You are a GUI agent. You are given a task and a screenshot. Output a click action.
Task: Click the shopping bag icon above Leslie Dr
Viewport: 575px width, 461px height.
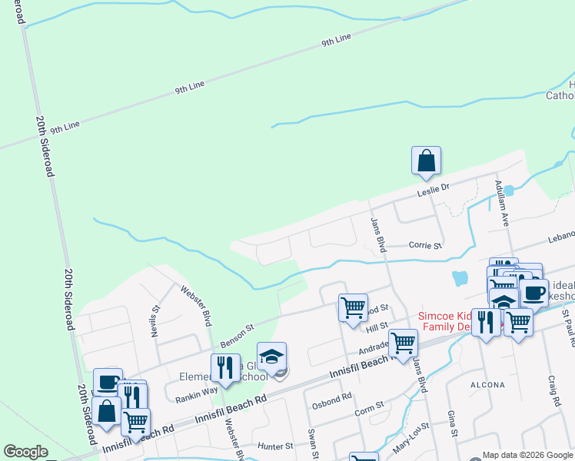pos(426,161)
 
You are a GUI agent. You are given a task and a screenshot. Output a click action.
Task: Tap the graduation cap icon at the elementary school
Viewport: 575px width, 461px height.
pos(271,357)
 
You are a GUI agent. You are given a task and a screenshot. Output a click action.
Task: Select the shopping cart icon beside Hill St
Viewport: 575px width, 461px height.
pos(353,308)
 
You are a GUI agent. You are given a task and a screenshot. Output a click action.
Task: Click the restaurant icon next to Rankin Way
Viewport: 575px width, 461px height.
pos(225,368)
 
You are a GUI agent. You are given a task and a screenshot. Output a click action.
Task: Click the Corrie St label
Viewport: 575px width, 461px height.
pos(425,246)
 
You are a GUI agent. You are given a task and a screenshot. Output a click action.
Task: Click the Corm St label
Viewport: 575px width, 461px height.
pos(370,412)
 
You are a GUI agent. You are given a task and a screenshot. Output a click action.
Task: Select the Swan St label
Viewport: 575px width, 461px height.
pos(312,443)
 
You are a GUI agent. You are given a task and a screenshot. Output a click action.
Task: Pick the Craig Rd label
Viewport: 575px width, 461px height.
pos(554,393)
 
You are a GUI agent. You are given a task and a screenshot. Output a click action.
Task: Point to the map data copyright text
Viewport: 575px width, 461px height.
pos(527,455)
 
